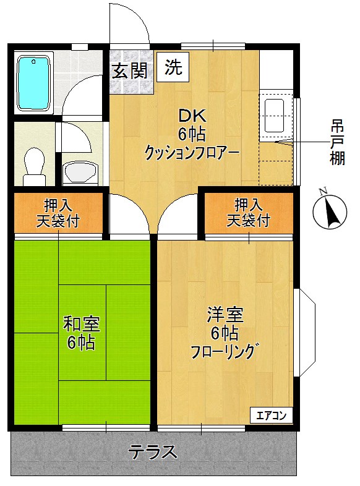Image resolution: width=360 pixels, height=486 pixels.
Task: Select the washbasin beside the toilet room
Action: coord(80,171)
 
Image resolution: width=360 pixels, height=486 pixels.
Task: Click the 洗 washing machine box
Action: coord(173,67)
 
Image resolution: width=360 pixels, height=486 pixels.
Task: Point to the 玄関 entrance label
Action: coord(129,70)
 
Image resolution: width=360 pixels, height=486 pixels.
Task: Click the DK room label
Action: coord(192,116)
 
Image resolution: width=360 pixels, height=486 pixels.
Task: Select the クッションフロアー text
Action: coord(192,152)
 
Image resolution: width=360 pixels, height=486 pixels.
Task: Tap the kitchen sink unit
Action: coord(273,115)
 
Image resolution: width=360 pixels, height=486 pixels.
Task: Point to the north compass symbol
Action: coord(330,212)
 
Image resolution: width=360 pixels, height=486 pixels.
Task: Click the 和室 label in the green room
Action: coord(82,323)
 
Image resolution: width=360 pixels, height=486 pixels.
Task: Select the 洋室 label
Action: coord(224,315)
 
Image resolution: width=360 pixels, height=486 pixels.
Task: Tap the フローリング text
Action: coord(223,352)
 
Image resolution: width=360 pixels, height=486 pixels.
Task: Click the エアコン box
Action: coord(271,415)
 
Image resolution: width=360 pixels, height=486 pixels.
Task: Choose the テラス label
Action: coord(153,451)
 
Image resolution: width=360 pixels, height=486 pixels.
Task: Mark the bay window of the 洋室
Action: coord(305,332)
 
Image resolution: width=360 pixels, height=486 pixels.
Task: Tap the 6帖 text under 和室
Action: coord(82,343)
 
